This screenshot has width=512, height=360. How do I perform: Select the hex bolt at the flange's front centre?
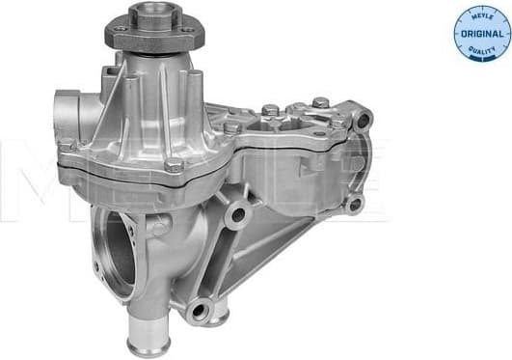click(174, 166)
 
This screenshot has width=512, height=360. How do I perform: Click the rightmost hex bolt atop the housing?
click(320, 102)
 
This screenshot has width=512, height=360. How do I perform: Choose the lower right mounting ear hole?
click(354, 203)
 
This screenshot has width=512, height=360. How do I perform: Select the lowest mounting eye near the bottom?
click(200, 310)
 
